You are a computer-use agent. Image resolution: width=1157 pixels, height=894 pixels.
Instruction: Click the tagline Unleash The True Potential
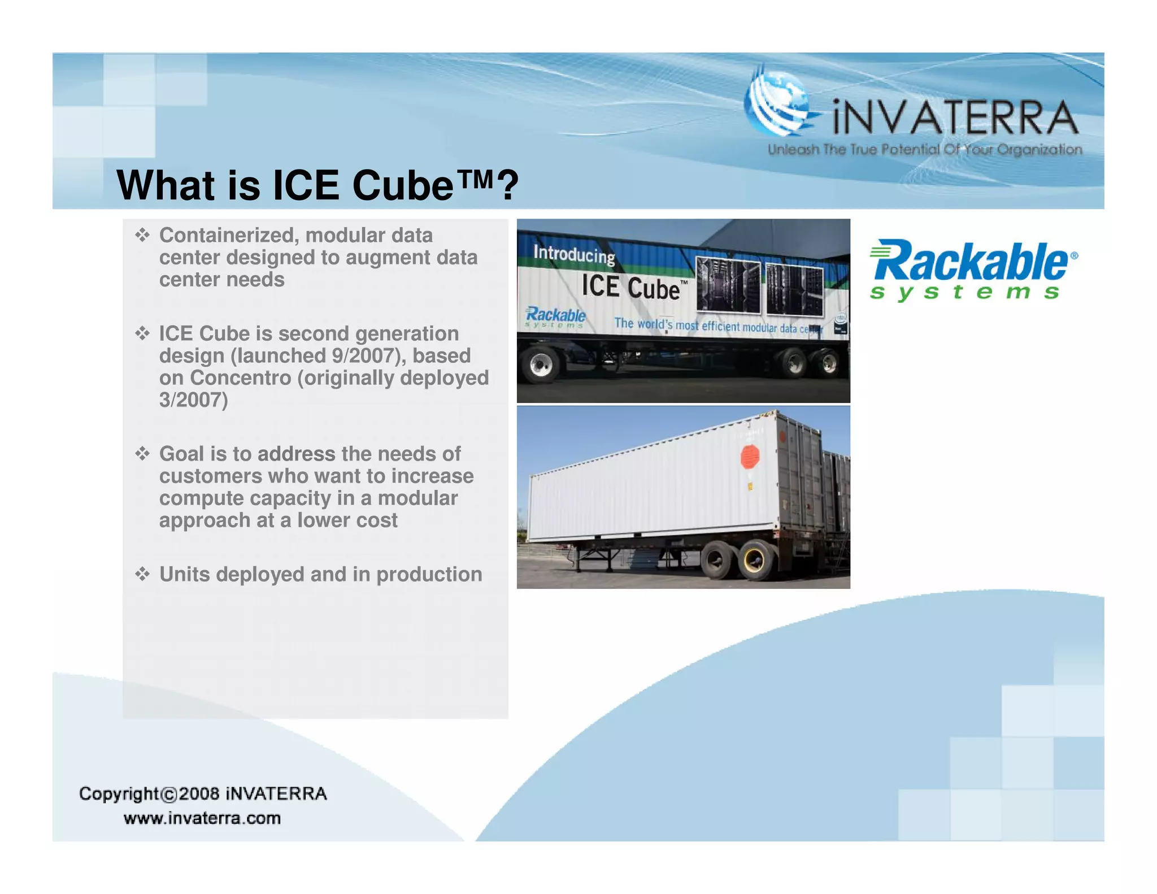click(x=924, y=150)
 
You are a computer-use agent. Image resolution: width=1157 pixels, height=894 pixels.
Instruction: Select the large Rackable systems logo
click(x=973, y=269)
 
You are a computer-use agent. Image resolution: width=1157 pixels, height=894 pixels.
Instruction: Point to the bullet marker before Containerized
click(x=142, y=235)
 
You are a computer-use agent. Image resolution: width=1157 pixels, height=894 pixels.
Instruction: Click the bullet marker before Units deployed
click(x=142, y=574)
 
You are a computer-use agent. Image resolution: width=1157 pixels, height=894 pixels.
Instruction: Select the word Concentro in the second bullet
click(x=240, y=377)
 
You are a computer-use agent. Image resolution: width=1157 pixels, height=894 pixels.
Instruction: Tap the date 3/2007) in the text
click(x=193, y=400)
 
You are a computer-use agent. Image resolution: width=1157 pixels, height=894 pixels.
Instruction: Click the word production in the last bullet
click(x=429, y=574)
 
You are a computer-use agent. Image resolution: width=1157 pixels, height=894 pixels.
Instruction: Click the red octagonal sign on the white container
click(x=750, y=456)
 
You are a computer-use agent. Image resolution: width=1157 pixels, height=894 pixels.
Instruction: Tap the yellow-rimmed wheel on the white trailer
click(x=755, y=560)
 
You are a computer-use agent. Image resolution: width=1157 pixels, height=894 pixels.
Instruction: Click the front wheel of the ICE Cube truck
click(x=541, y=364)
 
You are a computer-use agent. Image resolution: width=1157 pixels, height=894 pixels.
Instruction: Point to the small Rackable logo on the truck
click(x=555, y=317)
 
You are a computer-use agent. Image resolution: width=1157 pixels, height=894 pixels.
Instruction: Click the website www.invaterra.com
click(x=202, y=818)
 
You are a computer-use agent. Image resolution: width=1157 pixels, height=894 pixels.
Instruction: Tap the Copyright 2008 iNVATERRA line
click(x=203, y=793)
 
